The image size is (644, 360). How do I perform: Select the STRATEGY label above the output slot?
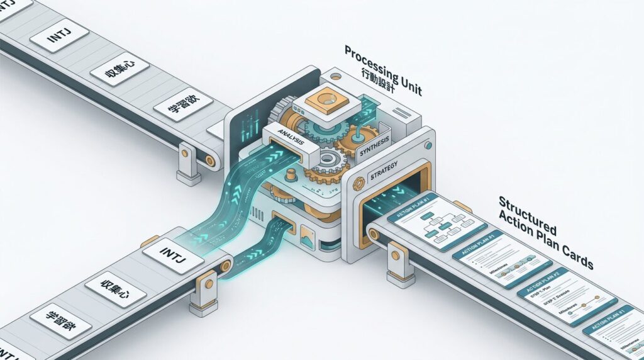click(381, 175)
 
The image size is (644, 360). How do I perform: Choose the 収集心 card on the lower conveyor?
click(111, 290)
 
